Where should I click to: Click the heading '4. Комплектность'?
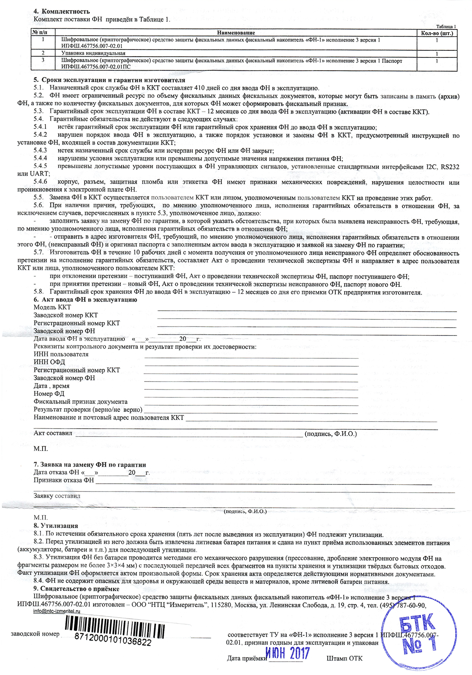[x=62, y=11]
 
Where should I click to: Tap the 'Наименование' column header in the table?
[x=236, y=33]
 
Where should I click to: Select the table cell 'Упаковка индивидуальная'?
[x=94, y=53]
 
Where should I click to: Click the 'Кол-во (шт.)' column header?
[x=437, y=33]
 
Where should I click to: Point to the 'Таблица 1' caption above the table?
[x=446, y=26]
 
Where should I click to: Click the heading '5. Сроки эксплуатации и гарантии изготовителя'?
[x=104, y=80]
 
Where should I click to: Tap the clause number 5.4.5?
[x=40, y=166]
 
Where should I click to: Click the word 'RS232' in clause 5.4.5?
[x=450, y=167]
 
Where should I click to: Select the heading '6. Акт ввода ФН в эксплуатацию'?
[x=85, y=300]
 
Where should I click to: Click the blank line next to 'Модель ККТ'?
[x=307, y=310]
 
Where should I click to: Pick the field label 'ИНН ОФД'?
[x=49, y=362]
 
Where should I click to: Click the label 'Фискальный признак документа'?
[x=81, y=402]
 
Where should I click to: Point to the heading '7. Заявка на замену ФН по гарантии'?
[x=90, y=465]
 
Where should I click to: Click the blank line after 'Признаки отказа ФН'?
[x=264, y=484]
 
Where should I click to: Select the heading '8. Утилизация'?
[x=56, y=526]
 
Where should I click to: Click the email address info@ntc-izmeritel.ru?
[x=57, y=611]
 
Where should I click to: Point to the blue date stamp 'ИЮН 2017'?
[x=288, y=653]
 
